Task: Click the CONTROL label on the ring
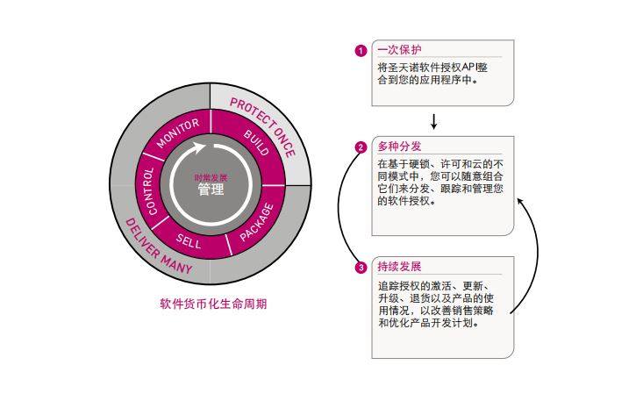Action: tap(151, 190)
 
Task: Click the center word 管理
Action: tap(211, 190)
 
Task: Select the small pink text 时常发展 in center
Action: tap(211, 177)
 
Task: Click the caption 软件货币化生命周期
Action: tap(213, 304)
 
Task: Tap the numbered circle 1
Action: tap(360, 50)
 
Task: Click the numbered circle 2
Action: tap(360, 147)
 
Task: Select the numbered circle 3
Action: tap(360, 268)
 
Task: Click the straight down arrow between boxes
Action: tap(433, 121)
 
